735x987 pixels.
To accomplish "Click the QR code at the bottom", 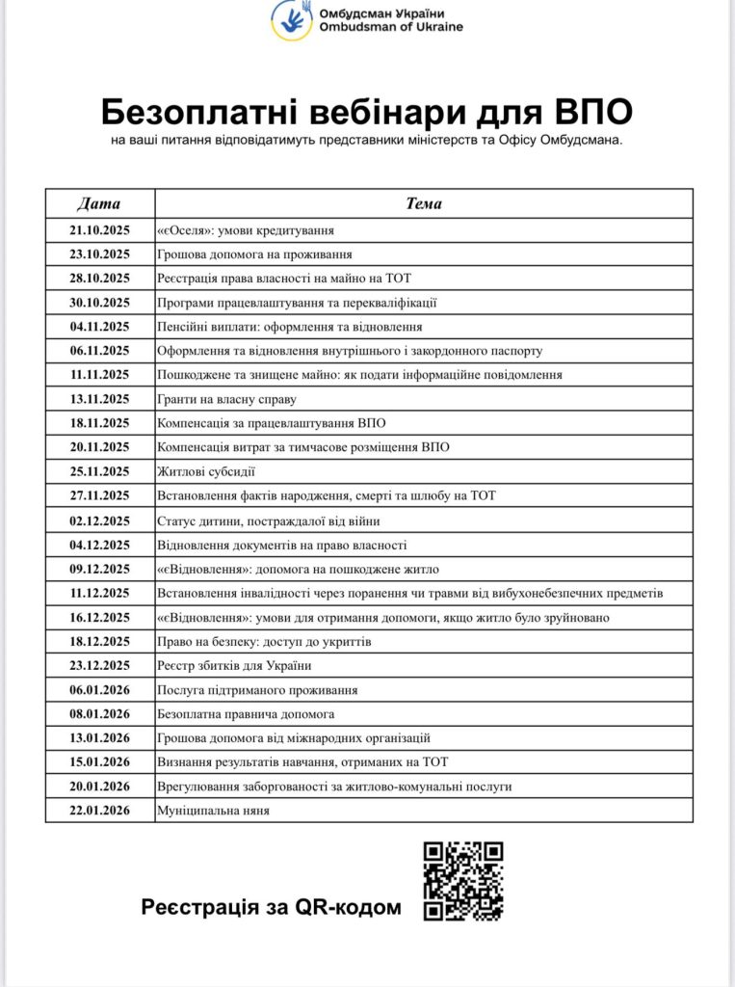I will coord(463,880).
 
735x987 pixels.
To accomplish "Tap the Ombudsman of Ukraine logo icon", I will coord(290,19).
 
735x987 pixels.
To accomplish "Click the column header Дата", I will coord(99,203).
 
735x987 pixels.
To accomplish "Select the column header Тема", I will coord(424,203).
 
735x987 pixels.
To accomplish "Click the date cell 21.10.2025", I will coord(99,230).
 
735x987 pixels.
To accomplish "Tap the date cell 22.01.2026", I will coord(99,811).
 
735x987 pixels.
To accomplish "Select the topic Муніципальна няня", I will coord(213,811).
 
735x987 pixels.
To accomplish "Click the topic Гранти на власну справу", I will coord(226,399).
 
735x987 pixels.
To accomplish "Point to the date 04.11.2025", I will coord(99,327).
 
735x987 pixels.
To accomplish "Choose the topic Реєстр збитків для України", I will coord(234,665).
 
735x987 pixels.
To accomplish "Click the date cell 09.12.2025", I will coord(99,569).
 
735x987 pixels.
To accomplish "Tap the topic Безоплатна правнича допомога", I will coord(246,714).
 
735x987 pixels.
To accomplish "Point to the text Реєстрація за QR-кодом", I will coord(271,907).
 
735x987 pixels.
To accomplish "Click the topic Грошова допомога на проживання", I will coord(253,254).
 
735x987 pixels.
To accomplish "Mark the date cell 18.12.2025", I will coord(99,641).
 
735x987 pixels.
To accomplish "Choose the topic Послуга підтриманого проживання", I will coord(257,690).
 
